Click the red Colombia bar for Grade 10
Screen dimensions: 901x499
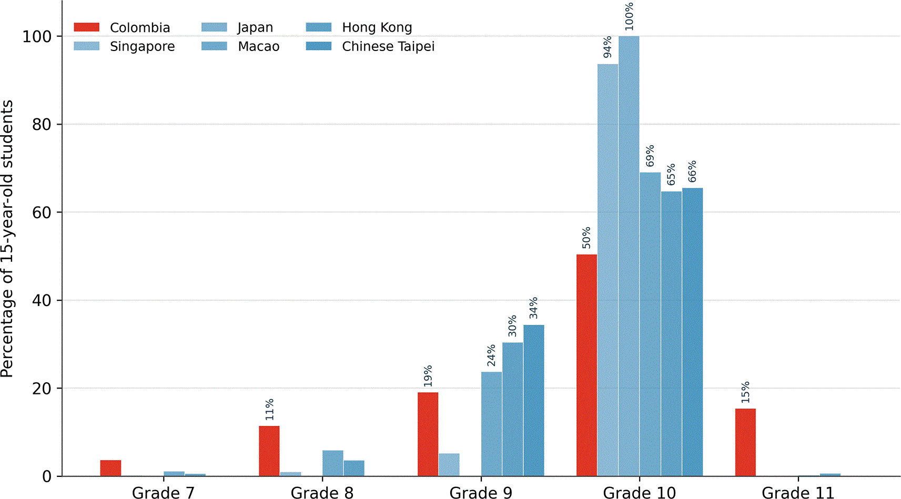pos(586,365)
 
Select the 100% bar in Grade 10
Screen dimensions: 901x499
pos(629,256)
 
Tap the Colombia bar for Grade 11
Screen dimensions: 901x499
pos(745,442)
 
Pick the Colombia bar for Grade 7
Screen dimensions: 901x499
pos(110,468)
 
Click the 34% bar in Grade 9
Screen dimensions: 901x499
pos(534,401)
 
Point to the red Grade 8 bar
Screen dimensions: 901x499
pos(269,451)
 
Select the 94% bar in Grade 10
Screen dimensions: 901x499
pos(608,270)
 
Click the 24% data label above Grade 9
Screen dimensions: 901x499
pos(491,355)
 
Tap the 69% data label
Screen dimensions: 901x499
pos(650,156)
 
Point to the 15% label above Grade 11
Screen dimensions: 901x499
pos(745,392)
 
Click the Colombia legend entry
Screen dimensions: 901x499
pos(122,27)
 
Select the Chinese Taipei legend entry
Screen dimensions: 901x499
pos(370,46)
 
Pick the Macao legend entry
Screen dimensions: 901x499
pos(240,46)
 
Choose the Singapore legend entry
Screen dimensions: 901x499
pos(124,46)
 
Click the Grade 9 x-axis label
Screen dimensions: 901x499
pos(481,493)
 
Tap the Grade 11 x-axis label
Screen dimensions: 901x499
pos(798,493)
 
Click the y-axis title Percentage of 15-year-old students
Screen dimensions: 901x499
pos(7,238)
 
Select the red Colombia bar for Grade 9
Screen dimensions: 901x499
pos(428,434)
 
